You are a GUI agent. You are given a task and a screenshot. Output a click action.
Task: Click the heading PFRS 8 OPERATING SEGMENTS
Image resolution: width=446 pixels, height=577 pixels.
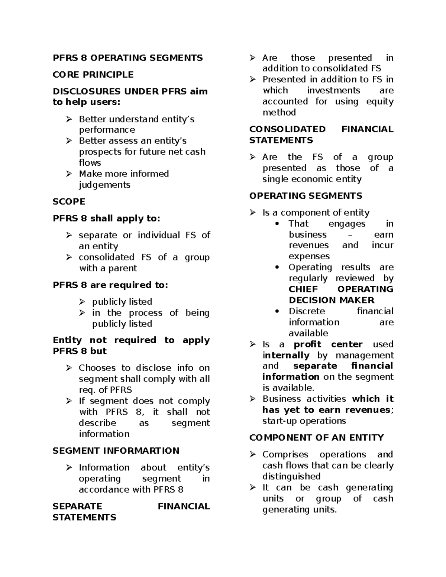pyautogui.click(x=127, y=58)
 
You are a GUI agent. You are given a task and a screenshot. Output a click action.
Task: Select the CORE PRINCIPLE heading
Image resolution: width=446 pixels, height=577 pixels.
pyautogui.click(x=93, y=75)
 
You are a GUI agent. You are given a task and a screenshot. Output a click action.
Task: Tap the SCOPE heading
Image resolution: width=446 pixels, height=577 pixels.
pyautogui.click(x=69, y=202)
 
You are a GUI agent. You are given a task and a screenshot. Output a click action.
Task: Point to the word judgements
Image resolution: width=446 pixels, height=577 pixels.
pyautogui.click(x=104, y=185)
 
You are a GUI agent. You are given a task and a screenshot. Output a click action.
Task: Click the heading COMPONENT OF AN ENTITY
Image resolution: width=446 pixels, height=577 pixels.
pyautogui.click(x=316, y=438)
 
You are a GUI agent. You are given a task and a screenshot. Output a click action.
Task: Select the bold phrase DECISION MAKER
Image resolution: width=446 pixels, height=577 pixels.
pyautogui.click(x=332, y=300)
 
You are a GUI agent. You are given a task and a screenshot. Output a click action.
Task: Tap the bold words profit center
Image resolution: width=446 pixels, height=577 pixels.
pyautogui.click(x=328, y=344)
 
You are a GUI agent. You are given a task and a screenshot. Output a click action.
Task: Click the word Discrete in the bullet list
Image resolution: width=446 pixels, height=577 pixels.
pyautogui.click(x=307, y=311)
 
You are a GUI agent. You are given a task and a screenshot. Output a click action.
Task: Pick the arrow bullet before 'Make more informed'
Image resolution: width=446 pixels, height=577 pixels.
pyautogui.click(x=69, y=174)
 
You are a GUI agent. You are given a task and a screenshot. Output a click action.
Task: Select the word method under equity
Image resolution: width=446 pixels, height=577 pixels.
pyautogui.click(x=279, y=113)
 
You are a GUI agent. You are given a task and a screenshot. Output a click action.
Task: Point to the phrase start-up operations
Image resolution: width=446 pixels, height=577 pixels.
pyautogui.click(x=304, y=421)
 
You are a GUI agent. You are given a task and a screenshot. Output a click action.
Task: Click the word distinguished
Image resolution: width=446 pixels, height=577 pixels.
pyautogui.click(x=291, y=477)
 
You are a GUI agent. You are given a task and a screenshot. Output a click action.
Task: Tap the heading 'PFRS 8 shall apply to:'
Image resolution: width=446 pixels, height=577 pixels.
pyautogui.click(x=106, y=218)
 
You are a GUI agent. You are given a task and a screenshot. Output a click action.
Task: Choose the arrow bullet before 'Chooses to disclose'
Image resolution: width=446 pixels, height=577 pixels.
pyautogui.click(x=69, y=368)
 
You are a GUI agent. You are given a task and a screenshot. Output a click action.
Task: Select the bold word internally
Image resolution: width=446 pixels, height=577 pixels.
pyautogui.click(x=286, y=356)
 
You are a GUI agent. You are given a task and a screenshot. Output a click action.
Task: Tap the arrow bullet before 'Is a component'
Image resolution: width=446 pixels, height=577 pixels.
pyautogui.click(x=253, y=213)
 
